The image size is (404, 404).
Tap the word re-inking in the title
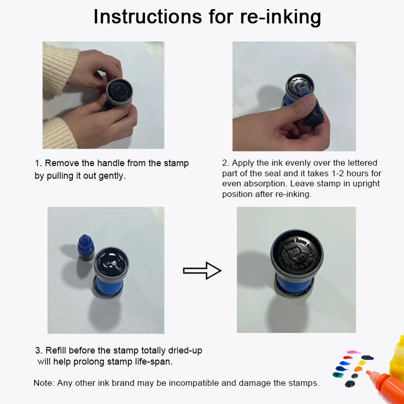tap(280, 18)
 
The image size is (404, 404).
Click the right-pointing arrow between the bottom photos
tap(202, 271)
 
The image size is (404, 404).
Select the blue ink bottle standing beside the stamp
tap(86, 248)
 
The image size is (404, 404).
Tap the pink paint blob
tap(353, 352)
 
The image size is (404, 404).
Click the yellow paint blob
tap(362, 363)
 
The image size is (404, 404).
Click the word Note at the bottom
tap(43, 383)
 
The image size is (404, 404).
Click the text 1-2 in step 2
tap(334, 173)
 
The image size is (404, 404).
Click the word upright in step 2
tap(366, 184)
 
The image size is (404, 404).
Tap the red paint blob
tap(347, 358)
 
